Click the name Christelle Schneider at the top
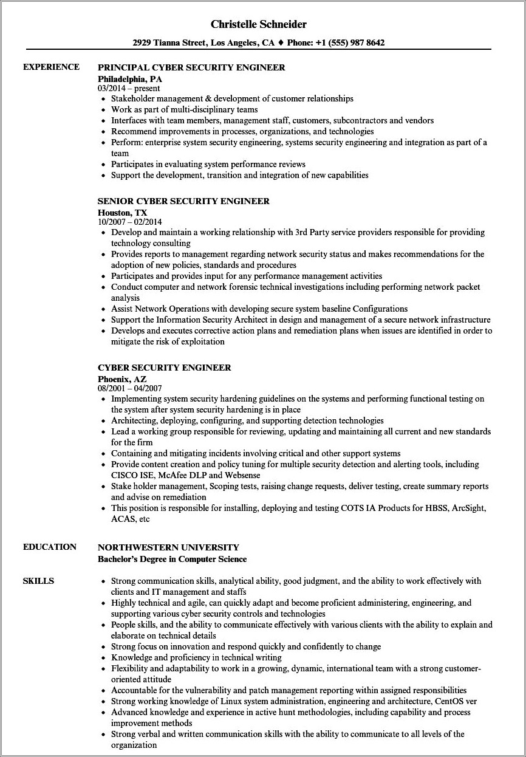click(x=259, y=24)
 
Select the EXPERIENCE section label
click(x=51, y=67)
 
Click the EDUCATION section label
click(x=50, y=547)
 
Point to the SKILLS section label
click(x=38, y=581)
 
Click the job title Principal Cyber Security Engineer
click(x=191, y=67)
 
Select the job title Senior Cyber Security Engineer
click(x=183, y=201)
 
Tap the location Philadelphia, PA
click(x=130, y=79)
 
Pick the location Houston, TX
click(x=122, y=213)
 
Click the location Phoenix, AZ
click(x=122, y=379)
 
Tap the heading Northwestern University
click(x=168, y=547)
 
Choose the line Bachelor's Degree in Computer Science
click(x=172, y=559)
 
